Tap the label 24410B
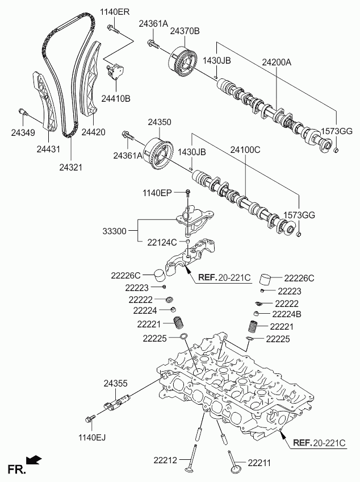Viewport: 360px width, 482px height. click(116, 98)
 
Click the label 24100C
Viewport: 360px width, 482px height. click(245, 151)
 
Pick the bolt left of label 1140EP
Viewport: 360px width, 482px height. click(188, 194)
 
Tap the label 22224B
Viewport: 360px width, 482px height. click(286, 314)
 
